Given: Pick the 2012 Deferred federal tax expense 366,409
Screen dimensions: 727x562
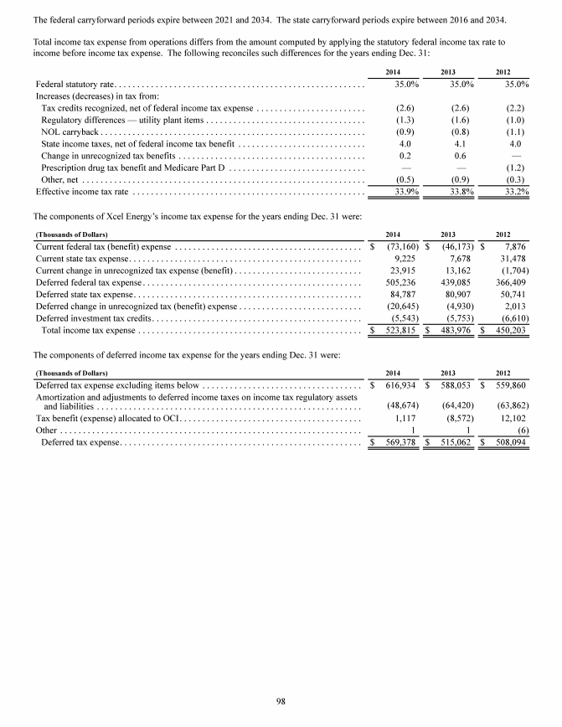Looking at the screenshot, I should click(x=511, y=260).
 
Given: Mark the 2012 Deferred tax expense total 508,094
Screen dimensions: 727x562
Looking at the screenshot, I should click(x=510, y=417).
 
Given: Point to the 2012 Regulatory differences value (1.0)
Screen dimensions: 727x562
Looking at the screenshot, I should click(x=513, y=120).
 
